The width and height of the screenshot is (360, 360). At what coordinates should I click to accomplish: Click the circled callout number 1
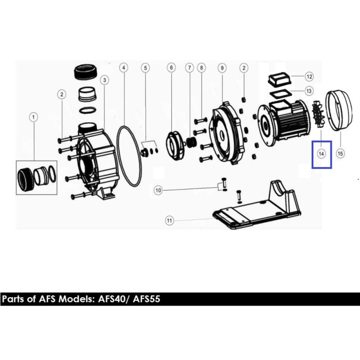coord(33,117)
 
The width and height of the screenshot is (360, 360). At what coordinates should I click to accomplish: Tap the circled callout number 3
coord(105,80)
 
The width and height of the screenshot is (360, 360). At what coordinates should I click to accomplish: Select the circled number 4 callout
coord(124,68)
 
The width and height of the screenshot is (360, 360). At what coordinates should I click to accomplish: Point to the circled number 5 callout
coord(146,68)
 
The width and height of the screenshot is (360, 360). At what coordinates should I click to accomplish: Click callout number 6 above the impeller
coord(171,68)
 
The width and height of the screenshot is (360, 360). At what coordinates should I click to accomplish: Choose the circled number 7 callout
coord(189,68)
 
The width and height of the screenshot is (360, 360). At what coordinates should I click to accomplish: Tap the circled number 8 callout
coord(202,68)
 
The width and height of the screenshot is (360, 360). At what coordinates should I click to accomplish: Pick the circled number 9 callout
coord(222,68)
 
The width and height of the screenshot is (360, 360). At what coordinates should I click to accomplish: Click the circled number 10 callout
coord(158,190)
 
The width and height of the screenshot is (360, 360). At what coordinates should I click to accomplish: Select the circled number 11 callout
coord(169,221)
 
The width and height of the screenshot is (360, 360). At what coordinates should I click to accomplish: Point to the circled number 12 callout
coord(309,77)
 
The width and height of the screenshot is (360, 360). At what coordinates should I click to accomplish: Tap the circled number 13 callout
coord(309,91)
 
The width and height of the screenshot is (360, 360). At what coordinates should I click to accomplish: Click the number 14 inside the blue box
coord(321,154)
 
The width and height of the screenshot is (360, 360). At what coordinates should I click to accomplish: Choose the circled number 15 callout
coord(340,153)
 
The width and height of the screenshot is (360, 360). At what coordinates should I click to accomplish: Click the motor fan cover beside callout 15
coord(339,111)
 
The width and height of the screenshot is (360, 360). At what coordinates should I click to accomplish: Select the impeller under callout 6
coord(175,146)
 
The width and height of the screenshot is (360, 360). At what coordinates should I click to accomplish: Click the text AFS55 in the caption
coord(147,299)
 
